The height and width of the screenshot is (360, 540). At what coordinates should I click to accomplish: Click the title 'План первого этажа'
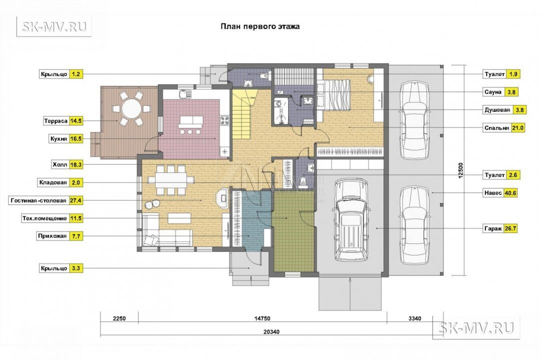260,26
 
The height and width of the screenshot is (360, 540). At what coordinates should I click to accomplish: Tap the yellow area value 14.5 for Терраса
76,121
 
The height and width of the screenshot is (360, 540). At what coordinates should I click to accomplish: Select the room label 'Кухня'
58,139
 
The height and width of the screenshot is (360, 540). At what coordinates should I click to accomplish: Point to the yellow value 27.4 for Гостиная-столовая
76,200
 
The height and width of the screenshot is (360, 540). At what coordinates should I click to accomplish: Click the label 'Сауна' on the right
493,92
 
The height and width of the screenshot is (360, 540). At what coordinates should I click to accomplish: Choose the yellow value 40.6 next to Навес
510,193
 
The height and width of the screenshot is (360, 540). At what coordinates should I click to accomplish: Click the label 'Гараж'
493,228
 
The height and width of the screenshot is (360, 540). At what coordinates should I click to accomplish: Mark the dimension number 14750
262,318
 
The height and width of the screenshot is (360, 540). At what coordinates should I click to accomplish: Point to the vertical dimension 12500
461,170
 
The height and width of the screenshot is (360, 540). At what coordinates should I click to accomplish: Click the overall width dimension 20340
271,332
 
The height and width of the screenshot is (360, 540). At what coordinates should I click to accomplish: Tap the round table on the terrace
131,108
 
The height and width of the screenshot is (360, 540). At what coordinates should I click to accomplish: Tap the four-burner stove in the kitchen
225,120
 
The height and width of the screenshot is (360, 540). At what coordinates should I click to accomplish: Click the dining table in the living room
171,180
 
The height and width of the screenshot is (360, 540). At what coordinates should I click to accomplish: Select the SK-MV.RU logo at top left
54,26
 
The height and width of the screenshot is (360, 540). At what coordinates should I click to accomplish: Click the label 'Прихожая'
52,236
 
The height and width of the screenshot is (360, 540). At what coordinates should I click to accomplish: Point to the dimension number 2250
119,318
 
